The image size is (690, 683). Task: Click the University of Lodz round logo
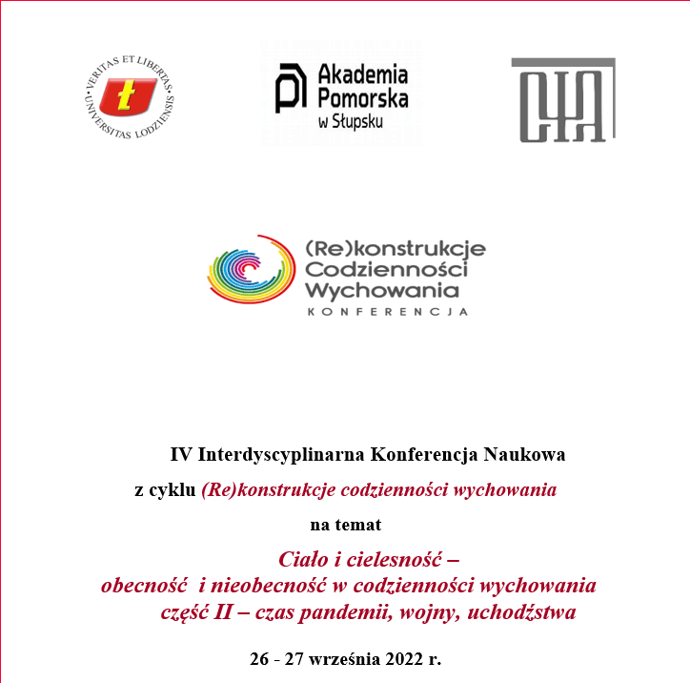coord(131,94)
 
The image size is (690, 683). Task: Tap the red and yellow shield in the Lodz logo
coord(130,95)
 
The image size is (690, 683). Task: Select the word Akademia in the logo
coord(362,74)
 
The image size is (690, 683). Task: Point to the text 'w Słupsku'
coord(352,122)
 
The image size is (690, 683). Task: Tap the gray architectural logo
coord(561,100)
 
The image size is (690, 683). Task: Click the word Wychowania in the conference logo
coord(382,288)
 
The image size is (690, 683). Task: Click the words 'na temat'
coord(345,524)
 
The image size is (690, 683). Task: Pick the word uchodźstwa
coord(525,611)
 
